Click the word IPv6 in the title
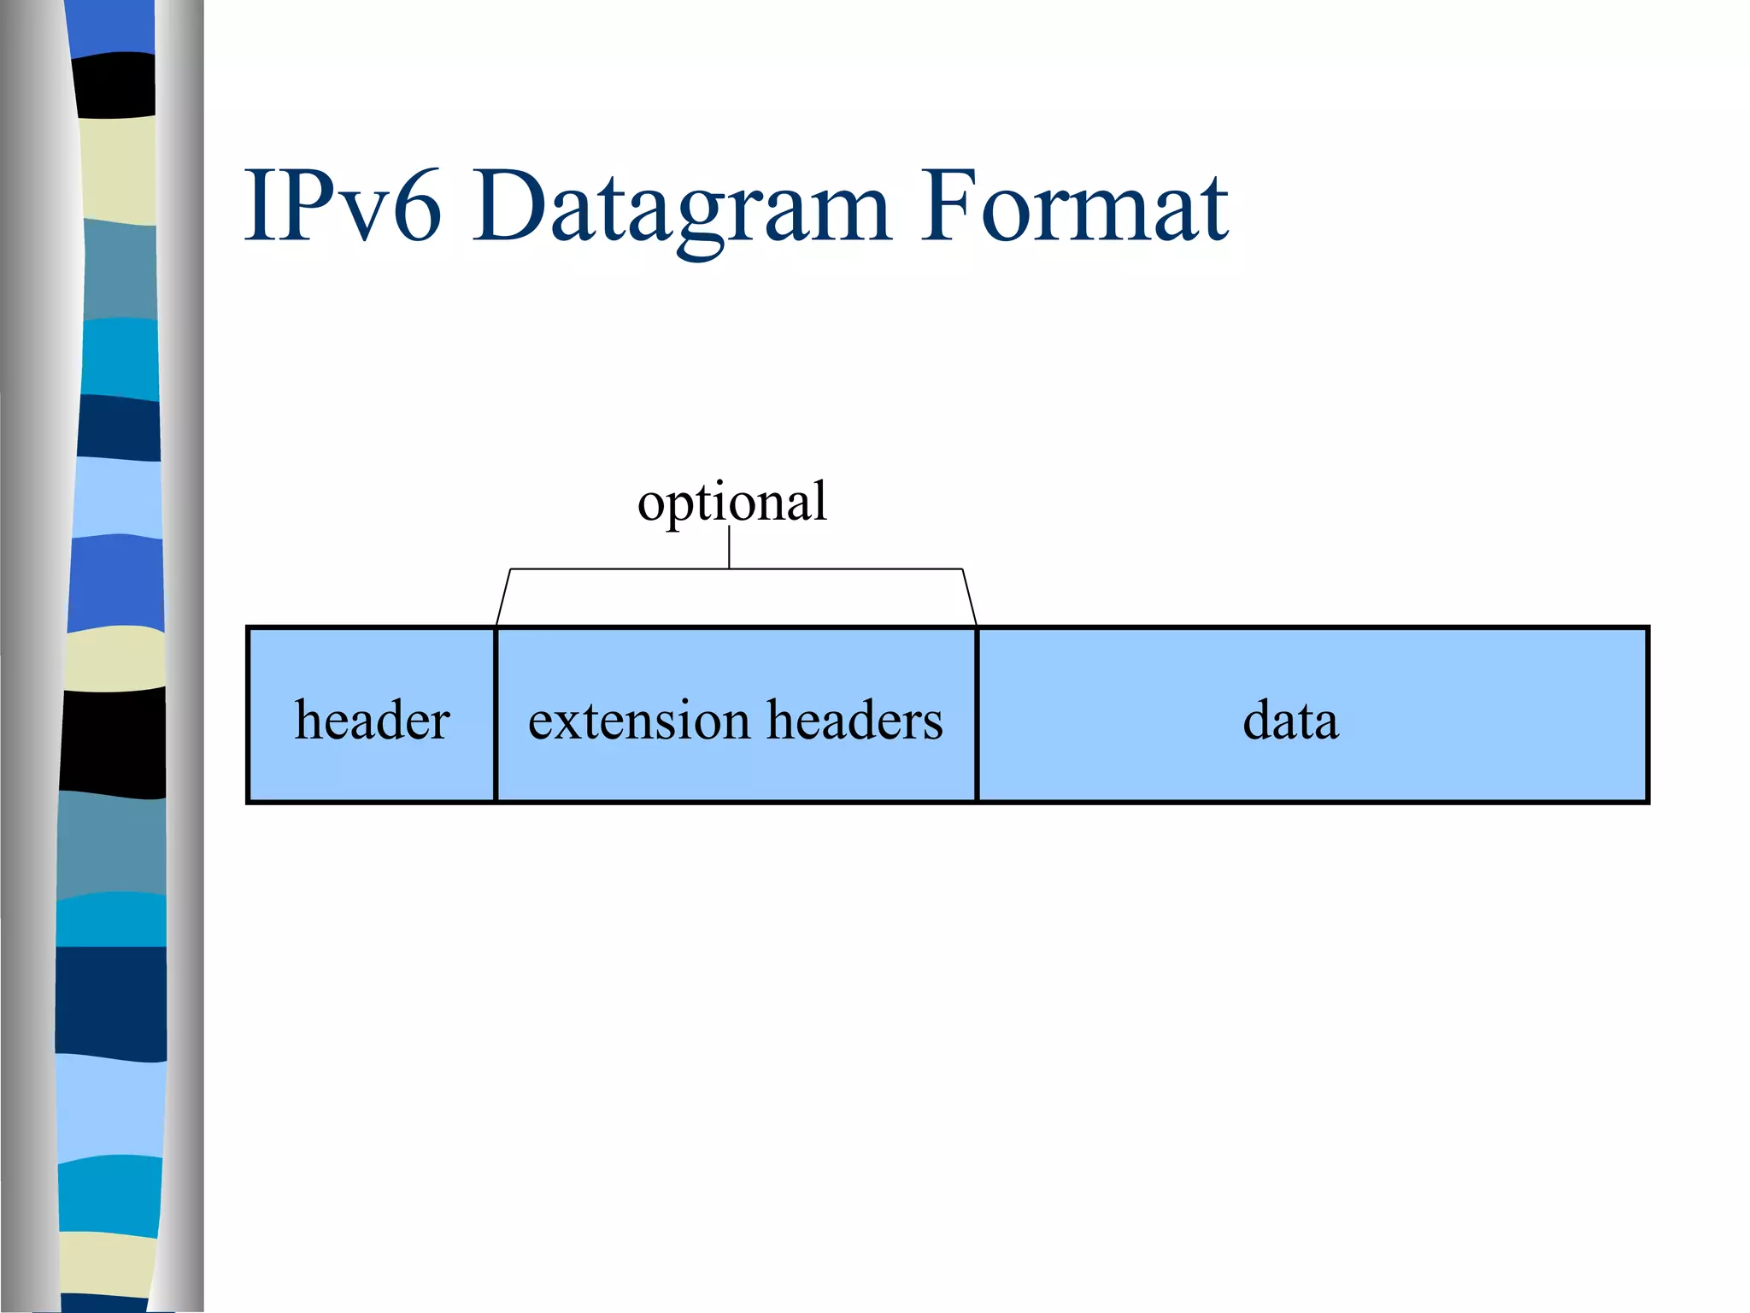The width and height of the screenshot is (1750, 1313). (x=343, y=207)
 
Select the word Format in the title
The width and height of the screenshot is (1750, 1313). (x=1074, y=207)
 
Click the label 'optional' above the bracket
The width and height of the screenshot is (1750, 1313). (x=732, y=502)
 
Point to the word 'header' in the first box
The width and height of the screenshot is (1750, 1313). (x=372, y=720)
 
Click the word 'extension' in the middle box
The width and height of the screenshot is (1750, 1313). (x=637, y=720)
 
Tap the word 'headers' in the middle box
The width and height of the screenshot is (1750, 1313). (x=854, y=720)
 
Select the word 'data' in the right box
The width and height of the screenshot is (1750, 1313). (x=1290, y=720)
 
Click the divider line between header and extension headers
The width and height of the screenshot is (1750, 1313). (x=495, y=715)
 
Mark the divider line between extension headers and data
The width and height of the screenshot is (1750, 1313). (x=977, y=715)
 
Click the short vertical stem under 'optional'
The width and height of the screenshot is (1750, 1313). (x=729, y=547)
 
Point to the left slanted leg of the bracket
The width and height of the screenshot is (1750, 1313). (x=503, y=597)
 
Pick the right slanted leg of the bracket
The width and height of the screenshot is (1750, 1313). (x=970, y=597)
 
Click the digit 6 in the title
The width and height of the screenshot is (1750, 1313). (x=419, y=207)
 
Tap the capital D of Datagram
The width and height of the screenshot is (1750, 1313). (x=508, y=207)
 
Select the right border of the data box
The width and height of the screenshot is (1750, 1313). (x=1647, y=715)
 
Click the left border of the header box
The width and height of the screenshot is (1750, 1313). (x=248, y=715)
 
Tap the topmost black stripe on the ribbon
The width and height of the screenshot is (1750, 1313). (x=115, y=85)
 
